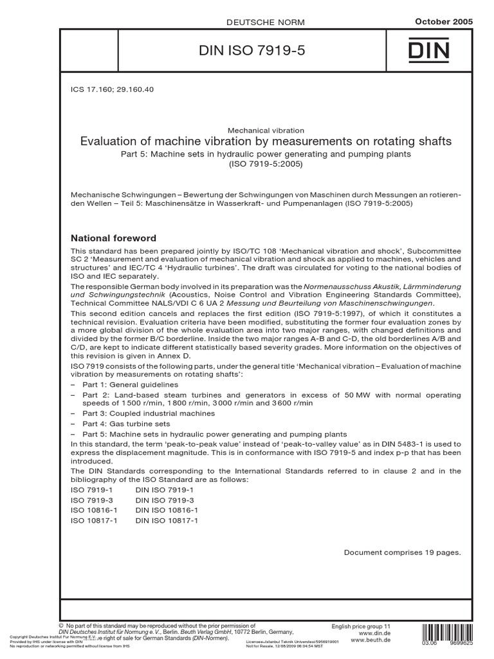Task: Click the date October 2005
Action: tap(444, 22)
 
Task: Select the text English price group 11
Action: tap(361, 626)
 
